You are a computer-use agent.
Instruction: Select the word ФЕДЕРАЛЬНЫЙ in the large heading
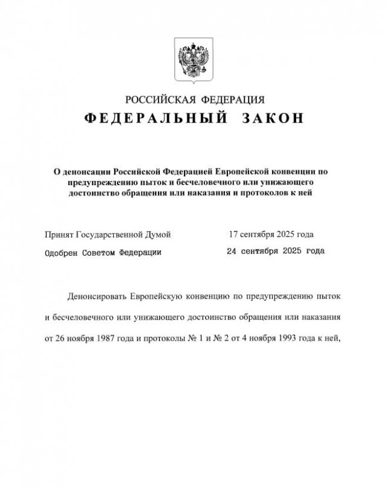coord(153,119)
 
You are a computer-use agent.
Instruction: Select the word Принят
coord(59,233)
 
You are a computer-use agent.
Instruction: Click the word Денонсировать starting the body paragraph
coord(100,297)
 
